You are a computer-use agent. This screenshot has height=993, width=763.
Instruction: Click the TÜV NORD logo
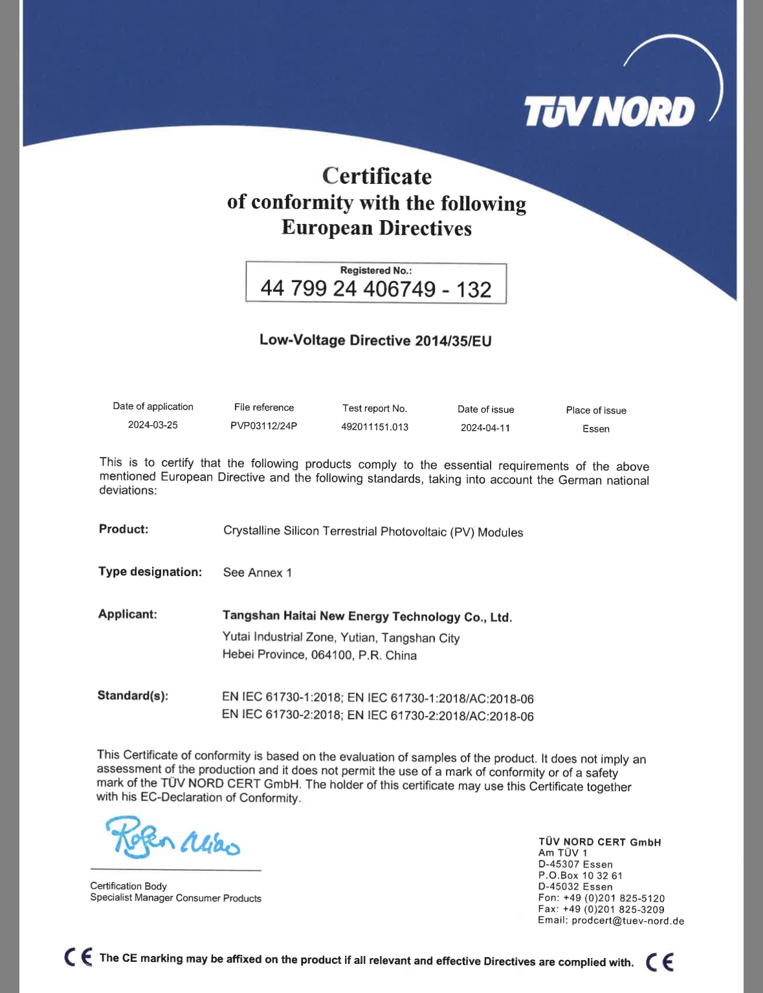(609, 111)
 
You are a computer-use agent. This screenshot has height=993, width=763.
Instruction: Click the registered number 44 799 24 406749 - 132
(376, 289)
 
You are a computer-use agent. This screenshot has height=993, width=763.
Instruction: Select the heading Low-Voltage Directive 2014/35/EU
(375, 340)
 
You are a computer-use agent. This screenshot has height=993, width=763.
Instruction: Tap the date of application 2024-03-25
(153, 425)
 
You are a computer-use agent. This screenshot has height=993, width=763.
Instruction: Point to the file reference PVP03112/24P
(264, 426)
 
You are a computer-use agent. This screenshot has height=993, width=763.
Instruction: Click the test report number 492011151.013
(375, 427)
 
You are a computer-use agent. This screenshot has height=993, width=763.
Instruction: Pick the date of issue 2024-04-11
(485, 428)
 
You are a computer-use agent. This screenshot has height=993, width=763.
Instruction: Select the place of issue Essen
(596, 429)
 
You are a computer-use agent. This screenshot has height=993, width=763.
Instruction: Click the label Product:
(124, 529)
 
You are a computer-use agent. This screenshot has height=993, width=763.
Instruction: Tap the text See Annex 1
(258, 572)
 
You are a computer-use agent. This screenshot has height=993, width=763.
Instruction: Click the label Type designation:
(150, 572)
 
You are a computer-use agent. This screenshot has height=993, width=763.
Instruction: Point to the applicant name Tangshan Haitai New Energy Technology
(367, 617)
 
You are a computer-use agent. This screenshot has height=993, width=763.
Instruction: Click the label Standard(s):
(133, 696)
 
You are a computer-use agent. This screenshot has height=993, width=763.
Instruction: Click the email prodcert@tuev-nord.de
(628, 920)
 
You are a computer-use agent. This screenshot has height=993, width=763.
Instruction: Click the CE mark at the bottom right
(660, 962)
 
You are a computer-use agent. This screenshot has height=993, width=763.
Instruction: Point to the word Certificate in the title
(377, 176)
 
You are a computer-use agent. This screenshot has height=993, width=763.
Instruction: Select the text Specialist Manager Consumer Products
(176, 898)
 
